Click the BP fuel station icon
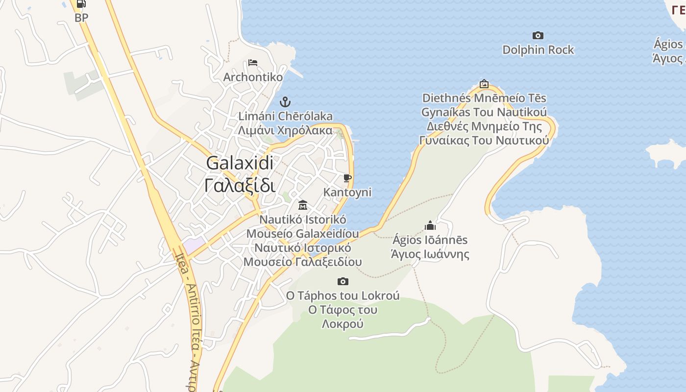click(x=81, y=4)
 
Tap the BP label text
click(x=81, y=18)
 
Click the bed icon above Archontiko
click(x=253, y=63)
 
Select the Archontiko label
click(x=253, y=77)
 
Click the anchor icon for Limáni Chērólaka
click(x=285, y=102)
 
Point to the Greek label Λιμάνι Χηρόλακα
click(x=285, y=130)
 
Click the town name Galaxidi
click(x=240, y=163)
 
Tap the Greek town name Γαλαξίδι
click(x=240, y=185)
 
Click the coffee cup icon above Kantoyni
click(x=347, y=178)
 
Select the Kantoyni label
click(x=347, y=192)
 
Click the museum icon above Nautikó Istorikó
click(x=303, y=204)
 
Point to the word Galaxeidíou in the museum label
click(x=327, y=233)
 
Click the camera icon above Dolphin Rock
click(x=538, y=35)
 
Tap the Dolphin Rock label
click(x=538, y=49)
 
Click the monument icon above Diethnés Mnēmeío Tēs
click(x=484, y=84)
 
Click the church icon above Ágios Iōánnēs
click(x=430, y=225)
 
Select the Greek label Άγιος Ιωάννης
click(x=430, y=254)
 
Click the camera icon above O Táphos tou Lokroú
click(x=343, y=281)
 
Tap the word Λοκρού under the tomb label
click(x=343, y=324)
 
